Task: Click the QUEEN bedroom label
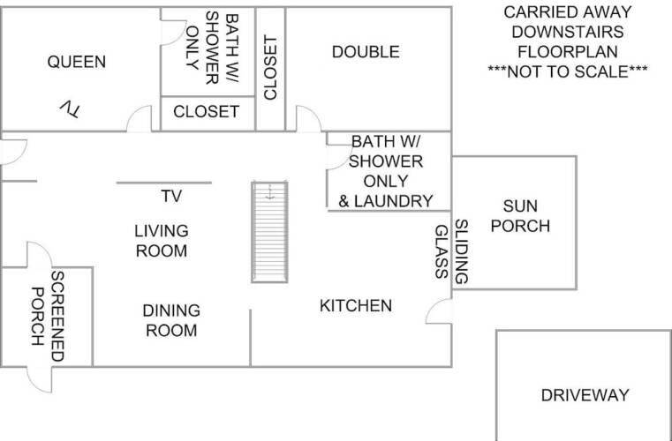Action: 77,62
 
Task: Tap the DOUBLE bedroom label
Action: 366,52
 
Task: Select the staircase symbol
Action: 269,232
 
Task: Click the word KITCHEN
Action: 356,306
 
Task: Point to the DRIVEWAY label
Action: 585,395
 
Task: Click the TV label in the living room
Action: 171,196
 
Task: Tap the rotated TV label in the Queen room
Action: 70,109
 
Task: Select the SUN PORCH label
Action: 520,216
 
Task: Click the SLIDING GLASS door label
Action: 451,251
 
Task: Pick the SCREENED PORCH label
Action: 48,317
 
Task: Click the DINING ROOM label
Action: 171,320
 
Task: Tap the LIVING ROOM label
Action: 162,241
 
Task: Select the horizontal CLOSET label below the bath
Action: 206,112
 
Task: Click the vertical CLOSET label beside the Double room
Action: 270,68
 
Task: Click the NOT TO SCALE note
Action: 568,71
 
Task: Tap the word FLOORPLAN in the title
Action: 568,52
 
